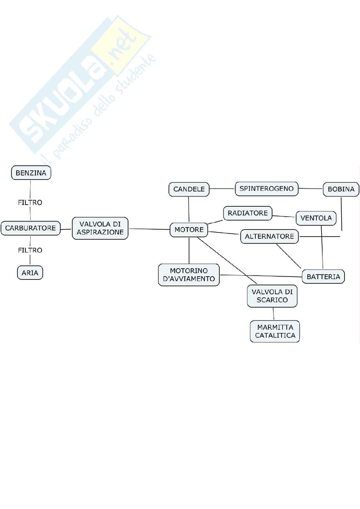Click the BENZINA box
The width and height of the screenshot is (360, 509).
[x=31, y=173]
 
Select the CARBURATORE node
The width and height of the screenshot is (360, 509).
[x=31, y=228]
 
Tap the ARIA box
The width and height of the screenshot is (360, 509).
[x=30, y=273]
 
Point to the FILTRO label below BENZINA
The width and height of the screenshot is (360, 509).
[x=30, y=202]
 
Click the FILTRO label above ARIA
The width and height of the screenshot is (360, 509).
[x=30, y=250]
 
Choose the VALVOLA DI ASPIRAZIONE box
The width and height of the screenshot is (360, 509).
[x=100, y=228]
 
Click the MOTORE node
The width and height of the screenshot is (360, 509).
[x=189, y=230]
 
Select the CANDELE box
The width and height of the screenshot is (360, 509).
[x=189, y=189]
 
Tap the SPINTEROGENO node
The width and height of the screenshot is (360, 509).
[x=266, y=189]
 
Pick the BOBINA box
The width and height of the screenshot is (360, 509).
[x=341, y=189]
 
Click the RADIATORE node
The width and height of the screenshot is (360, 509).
[x=248, y=213]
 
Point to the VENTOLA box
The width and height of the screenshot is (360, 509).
[x=316, y=218]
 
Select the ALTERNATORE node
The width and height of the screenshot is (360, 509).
[x=269, y=237]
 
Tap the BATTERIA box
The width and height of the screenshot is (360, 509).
[x=323, y=277]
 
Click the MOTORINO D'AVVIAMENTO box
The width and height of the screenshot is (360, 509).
[x=189, y=275]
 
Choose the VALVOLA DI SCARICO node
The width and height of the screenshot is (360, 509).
[x=272, y=296]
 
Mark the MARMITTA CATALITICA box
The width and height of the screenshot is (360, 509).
[x=275, y=331]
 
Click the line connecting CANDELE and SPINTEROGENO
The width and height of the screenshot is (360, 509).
[x=222, y=189]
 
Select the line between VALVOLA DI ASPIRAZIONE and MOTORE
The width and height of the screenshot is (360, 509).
[x=149, y=229]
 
